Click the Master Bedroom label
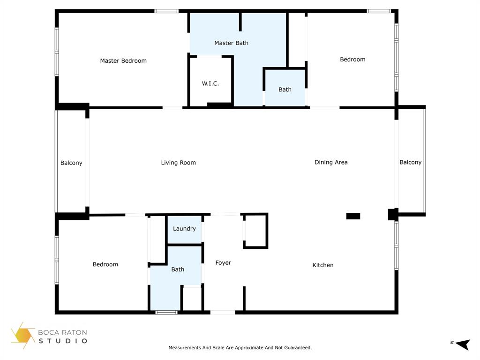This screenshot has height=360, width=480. [123, 60]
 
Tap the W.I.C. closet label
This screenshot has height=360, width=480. [210, 83]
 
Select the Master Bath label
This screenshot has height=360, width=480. [231, 43]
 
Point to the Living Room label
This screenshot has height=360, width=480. [178, 163]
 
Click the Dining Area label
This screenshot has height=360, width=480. [331, 162]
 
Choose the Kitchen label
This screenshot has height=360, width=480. [323, 265]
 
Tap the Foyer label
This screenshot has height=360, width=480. [223, 262]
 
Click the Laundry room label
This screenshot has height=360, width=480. [184, 229]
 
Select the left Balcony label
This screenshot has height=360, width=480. [71, 163]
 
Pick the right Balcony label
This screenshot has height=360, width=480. [411, 162]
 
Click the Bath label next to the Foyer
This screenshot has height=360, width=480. [178, 270]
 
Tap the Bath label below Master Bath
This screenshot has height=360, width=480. [285, 90]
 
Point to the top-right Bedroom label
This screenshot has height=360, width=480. [352, 60]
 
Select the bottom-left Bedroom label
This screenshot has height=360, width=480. [105, 264]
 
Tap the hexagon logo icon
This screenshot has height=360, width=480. [23, 336]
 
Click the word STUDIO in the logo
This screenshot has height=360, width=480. [63, 341]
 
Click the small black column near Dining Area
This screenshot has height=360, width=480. [353, 216]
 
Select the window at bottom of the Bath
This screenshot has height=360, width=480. [166, 312]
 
